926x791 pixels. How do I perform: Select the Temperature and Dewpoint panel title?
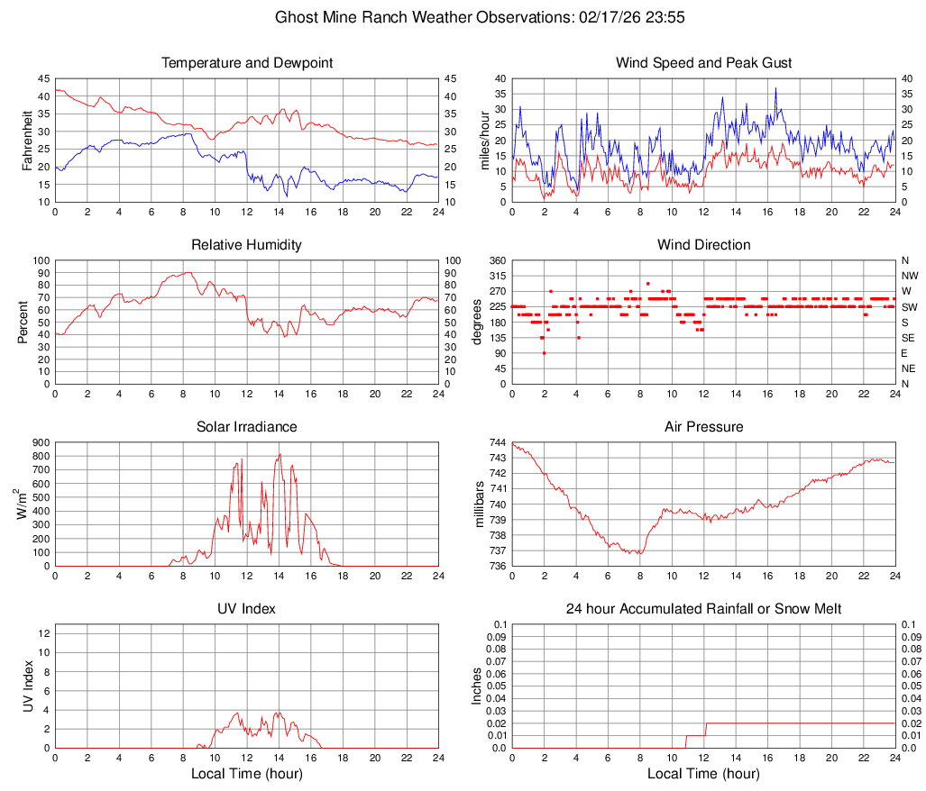[247, 63]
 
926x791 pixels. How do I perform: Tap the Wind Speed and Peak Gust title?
[703, 63]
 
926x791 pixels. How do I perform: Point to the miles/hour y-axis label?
[484, 140]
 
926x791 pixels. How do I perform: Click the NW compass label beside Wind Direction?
[909, 276]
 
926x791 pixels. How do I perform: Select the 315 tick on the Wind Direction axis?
[497, 276]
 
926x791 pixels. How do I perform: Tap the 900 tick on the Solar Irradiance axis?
[39, 442]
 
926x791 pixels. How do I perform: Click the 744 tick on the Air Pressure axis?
[496, 442]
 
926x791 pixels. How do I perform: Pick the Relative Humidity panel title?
[247, 245]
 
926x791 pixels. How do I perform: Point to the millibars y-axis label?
[480, 505]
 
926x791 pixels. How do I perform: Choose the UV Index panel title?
[247, 609]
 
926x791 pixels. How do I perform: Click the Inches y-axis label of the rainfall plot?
[478, 686]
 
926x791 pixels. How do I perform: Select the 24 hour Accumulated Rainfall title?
[703, 609]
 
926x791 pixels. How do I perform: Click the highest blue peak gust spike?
[775, 88]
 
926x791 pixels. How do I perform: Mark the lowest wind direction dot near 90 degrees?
[544, 352]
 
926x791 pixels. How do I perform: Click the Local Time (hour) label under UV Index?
[247, 774]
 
